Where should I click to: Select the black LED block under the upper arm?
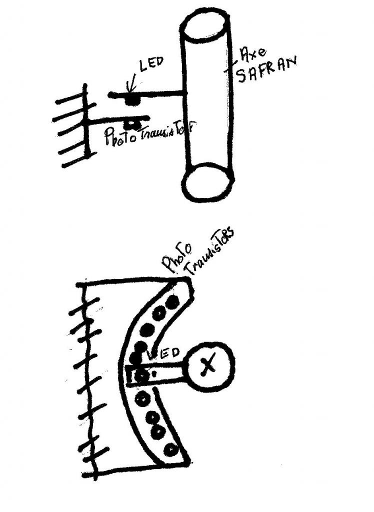pos(131,100)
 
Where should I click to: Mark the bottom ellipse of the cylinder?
pos(208,184)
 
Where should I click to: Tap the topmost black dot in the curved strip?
pos(172,302)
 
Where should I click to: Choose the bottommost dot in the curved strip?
pos(172,450)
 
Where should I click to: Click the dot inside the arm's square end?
pos(142,375)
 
